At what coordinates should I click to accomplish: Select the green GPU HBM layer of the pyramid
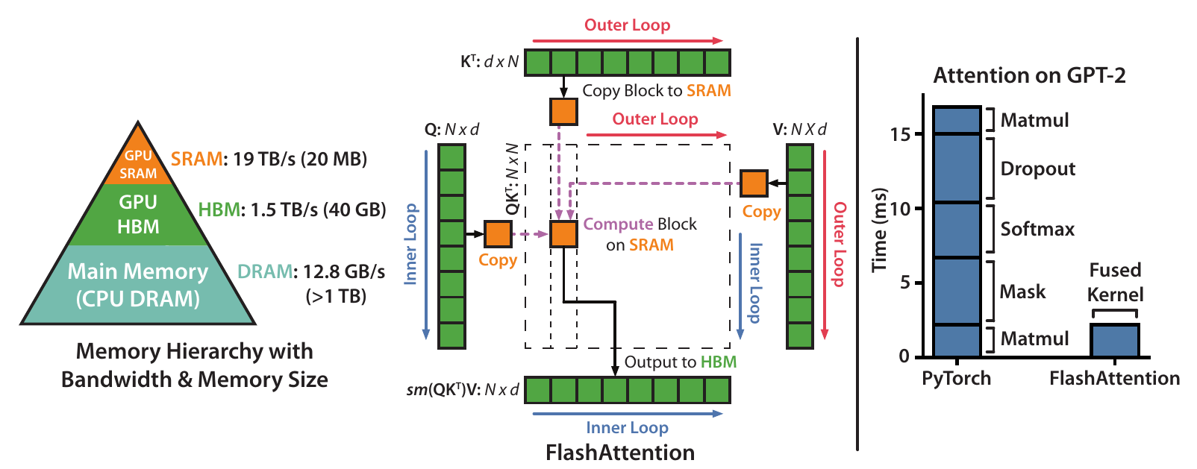pos(138,214)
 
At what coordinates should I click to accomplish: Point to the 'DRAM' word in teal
pos(264,271)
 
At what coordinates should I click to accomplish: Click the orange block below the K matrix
pos(563,111)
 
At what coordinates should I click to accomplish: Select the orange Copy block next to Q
pos(498,234)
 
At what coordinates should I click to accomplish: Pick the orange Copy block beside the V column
pos(754,183)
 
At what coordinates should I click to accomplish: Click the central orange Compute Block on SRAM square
pos(563,234)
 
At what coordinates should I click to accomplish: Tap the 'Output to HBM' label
pos(680,362)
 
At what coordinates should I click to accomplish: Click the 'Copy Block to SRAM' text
pos(656,91)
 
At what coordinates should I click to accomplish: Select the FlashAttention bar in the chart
pos(1114,340)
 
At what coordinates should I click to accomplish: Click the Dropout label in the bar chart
pos(1037,169)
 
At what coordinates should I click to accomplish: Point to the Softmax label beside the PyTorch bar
pos(1037,229)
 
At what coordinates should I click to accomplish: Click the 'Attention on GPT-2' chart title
pos(1029,75)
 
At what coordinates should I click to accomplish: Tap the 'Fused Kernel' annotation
pos(1115,282)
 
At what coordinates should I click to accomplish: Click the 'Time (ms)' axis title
pos(880,229)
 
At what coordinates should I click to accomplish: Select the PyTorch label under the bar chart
pos(956,378)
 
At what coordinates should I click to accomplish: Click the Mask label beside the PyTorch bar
pos(1022,292)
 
